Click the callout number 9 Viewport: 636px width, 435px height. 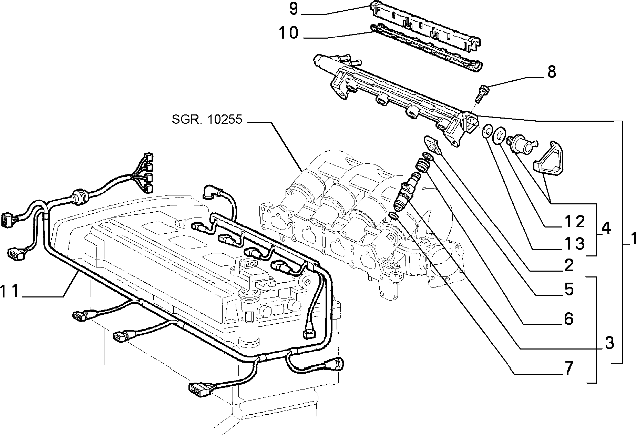(x=293, y=9)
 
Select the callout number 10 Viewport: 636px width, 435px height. (x=288, y=33)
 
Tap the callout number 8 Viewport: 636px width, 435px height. (x=551, y=72)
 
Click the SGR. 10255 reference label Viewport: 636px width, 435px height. (x=207, y=120)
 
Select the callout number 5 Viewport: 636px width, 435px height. (x=569, y=289)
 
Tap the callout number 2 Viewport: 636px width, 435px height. (x=568, y=265)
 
